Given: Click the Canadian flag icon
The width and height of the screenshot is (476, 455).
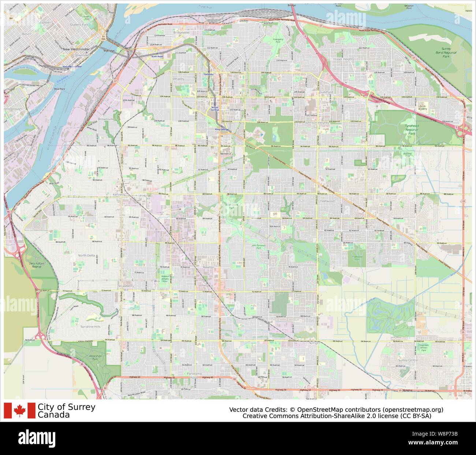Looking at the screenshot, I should coord(20,411).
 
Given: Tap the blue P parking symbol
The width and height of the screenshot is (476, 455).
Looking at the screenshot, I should coord(261,135).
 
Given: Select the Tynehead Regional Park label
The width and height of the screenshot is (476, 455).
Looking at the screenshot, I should coord(411,129).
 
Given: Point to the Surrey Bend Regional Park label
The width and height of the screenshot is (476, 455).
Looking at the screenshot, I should coord(446,53).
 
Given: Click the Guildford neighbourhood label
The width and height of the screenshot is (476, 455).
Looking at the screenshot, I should coord(326,92).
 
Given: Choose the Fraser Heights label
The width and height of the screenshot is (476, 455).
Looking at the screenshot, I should coord(343,59).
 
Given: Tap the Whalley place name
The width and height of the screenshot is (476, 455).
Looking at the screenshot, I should coord(178,79).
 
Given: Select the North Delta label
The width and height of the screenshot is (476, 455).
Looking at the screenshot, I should coord(86,255).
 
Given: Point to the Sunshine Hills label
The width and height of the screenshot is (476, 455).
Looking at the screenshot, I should coord(90,326).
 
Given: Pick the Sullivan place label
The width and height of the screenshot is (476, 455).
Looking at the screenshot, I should coord(314,343).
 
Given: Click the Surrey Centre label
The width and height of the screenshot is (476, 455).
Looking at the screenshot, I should coord(408,360).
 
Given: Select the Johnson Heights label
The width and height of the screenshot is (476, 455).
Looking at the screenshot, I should coord(317,123).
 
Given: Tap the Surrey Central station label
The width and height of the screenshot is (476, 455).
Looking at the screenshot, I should coord(215,108).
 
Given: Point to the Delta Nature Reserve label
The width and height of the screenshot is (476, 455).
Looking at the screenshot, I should coord(37,265).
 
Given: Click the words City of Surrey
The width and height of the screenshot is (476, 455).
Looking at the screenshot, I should coord(66,407).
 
